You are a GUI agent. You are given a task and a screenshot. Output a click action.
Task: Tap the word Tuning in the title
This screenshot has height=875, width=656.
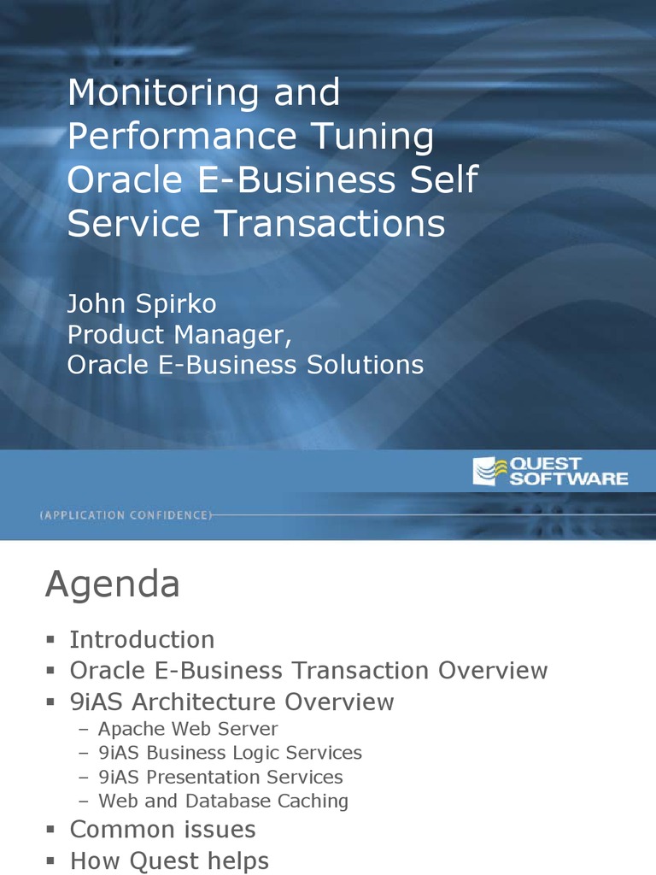[372, 138]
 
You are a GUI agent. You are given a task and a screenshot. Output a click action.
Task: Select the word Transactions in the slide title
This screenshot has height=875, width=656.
[331, 223]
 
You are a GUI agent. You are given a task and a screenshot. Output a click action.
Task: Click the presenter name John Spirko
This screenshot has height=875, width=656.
[142, 304]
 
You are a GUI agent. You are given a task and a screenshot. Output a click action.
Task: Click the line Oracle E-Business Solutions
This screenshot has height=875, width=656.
[245, 364]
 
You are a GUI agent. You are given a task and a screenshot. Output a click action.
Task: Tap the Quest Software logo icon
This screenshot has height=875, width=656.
[490, 471]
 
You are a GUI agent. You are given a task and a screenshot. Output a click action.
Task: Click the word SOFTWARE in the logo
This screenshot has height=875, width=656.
[568, 479]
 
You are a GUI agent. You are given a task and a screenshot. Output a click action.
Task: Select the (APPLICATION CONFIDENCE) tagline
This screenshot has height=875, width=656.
[126, 515]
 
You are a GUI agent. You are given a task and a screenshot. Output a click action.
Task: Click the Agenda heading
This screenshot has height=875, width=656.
[113, 584]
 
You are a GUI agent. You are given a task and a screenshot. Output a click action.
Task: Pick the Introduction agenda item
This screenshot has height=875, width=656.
[143, 639]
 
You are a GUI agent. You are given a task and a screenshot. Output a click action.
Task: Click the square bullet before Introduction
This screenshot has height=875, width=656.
[50, 639]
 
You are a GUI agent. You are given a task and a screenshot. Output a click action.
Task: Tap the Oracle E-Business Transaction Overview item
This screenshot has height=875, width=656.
[308, 670]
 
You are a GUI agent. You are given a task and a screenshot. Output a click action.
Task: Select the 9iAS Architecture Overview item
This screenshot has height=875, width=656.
[232, 702]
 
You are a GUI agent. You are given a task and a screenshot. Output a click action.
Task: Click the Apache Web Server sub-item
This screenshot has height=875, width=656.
[188, 729]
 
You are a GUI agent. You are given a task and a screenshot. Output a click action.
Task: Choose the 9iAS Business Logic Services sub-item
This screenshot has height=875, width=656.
[231, 753]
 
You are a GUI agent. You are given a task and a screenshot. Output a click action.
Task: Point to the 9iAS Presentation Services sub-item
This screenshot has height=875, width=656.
[221, 777]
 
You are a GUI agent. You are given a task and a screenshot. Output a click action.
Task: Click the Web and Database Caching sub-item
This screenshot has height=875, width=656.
[224, 801]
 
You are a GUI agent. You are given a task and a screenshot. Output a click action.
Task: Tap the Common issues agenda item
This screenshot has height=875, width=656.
[163, 829]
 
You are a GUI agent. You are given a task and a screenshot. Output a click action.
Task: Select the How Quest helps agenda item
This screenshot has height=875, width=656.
[170, 861]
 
